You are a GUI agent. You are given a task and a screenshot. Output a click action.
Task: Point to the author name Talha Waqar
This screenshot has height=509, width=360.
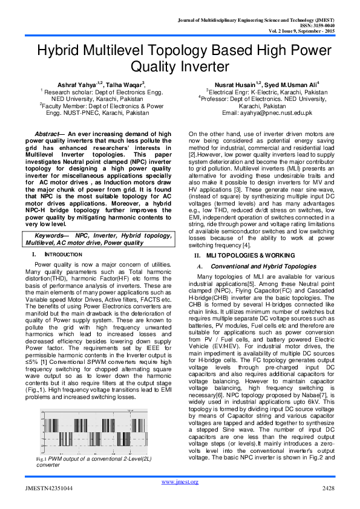(123, 85)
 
